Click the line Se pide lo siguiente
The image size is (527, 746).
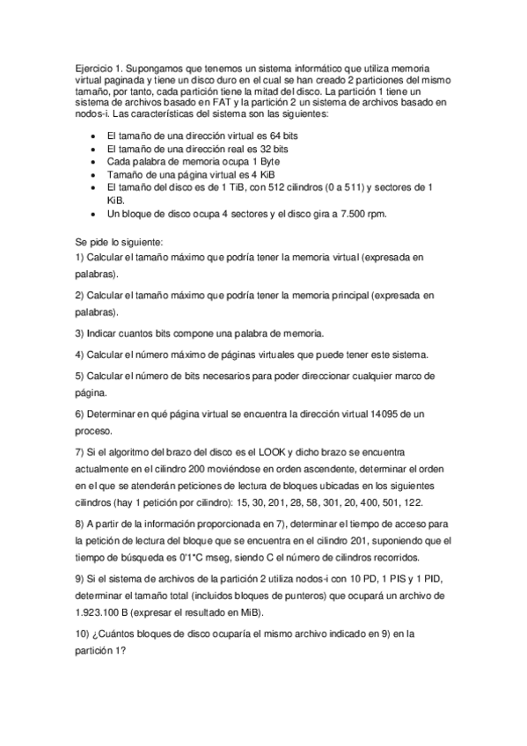pos(115,240)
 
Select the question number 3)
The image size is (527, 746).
pos(79,333)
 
